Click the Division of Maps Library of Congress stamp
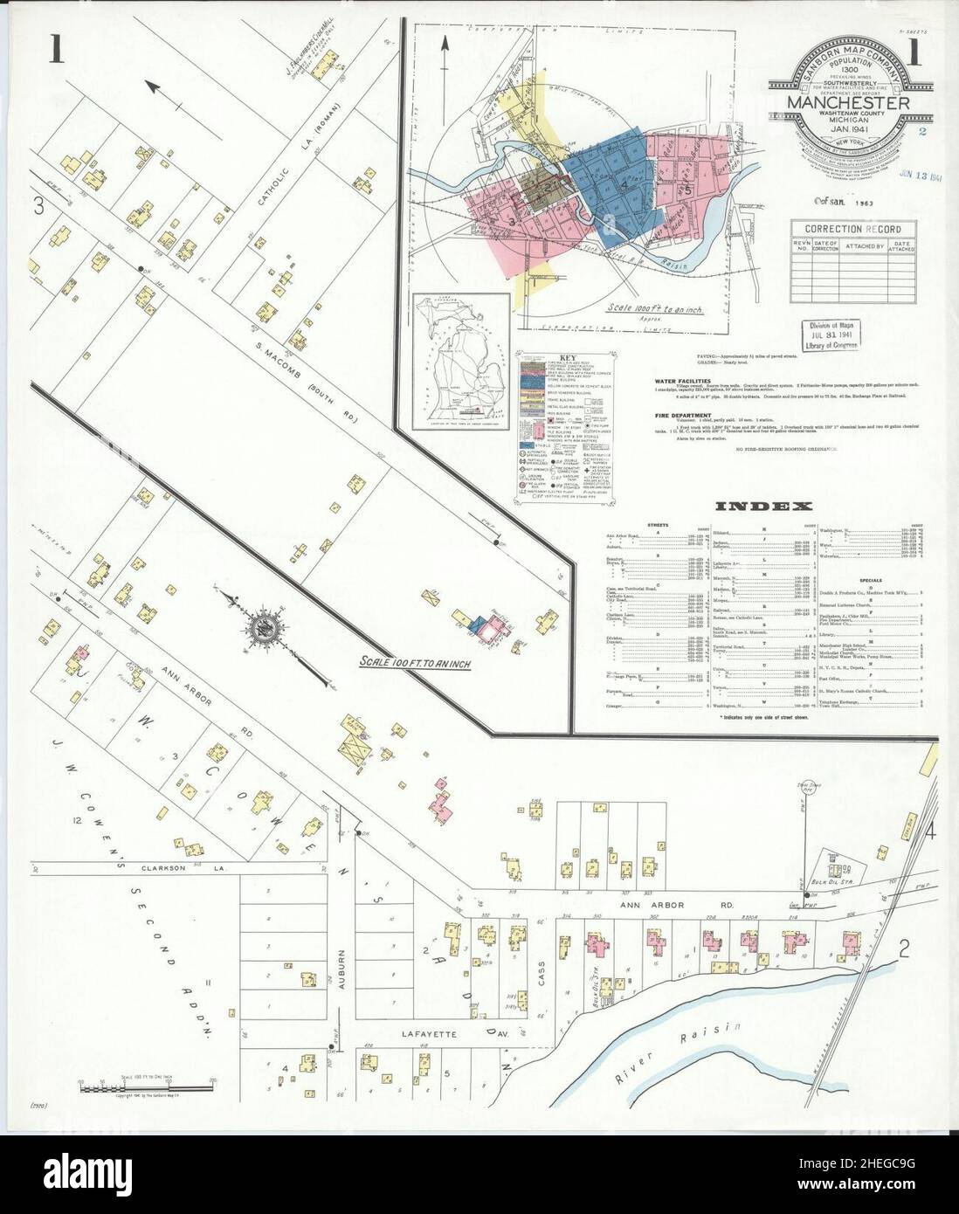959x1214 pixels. (831, 335)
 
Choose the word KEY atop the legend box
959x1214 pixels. (545, 358)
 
